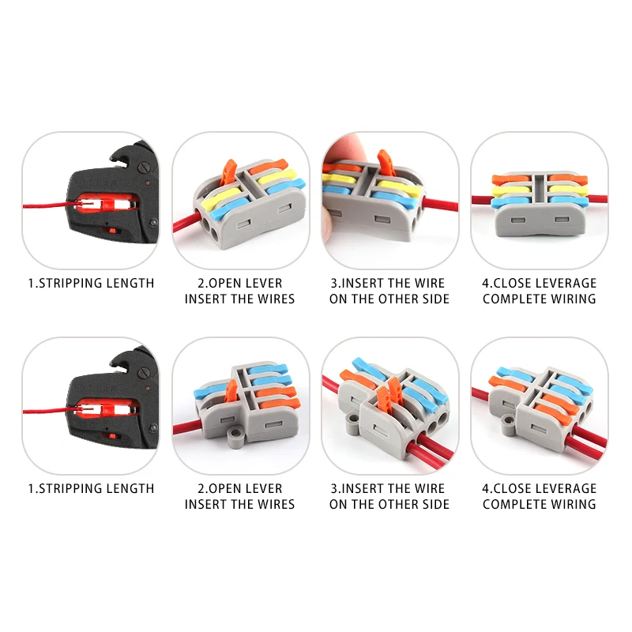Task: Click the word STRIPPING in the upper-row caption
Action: point(76,283)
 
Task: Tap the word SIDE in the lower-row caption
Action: point(434,504)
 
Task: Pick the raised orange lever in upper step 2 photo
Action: point(230,171)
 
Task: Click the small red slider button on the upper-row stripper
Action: point(112,231)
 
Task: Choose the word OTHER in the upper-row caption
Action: point(400,299)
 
